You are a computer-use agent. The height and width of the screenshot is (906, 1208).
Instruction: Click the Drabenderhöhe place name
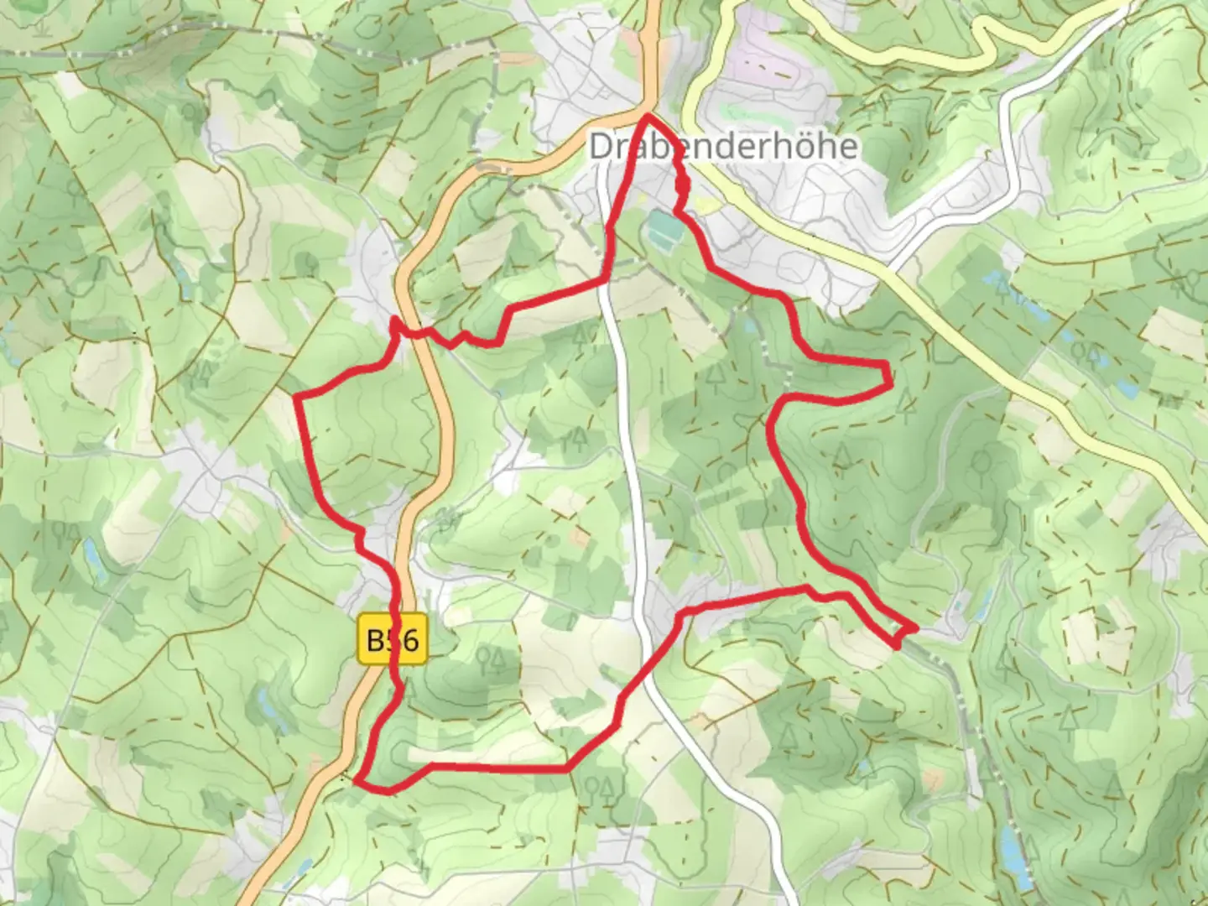coord(723,147)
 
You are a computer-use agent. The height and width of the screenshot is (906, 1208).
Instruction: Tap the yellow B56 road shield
coord(393,640)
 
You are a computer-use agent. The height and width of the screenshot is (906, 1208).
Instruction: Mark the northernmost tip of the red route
coord(648,117)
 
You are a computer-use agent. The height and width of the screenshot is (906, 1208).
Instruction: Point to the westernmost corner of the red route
coord(296,395)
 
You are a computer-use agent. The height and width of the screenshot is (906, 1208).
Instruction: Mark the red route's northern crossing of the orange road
coord(414,332)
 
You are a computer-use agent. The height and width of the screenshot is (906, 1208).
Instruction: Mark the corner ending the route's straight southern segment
coord(569,768)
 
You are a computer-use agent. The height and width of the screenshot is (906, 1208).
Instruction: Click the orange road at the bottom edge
coord(254,898)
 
